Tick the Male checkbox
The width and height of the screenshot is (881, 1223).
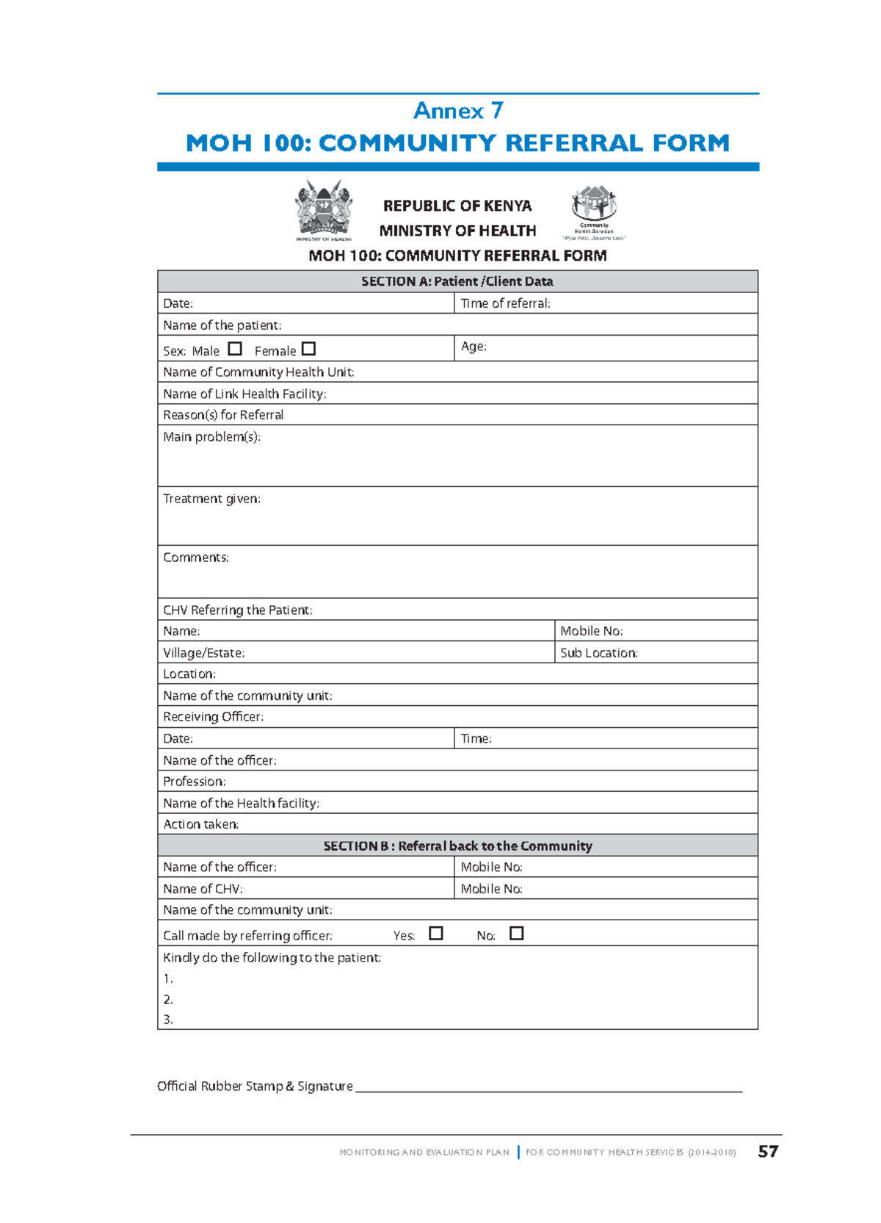pos(235,349)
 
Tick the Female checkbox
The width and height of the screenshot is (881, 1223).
pos(309,349)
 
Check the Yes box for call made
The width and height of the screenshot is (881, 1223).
pos(436,934)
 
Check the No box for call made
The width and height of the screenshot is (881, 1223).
pos(517,934)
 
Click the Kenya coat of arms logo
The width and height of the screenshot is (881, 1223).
pos(324,210)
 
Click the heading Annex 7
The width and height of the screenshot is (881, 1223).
pos(458,111)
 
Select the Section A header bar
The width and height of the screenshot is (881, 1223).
pos(457,281)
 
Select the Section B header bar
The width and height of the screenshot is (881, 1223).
pos(457,846)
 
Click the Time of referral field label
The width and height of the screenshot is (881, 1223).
pos(505,303)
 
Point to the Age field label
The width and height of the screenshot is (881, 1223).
pos(474,347)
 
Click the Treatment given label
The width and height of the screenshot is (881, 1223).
pos(211,499)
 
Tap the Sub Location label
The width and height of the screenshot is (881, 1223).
pos(598,653)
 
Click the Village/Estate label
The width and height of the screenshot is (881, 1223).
pos(203,653)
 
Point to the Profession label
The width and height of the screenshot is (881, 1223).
pos(194,782)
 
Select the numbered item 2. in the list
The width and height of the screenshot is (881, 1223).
pos(168,1000)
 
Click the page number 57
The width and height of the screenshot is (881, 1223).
pos(768,1152)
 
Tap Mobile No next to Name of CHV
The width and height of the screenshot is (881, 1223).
pos(491,889)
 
